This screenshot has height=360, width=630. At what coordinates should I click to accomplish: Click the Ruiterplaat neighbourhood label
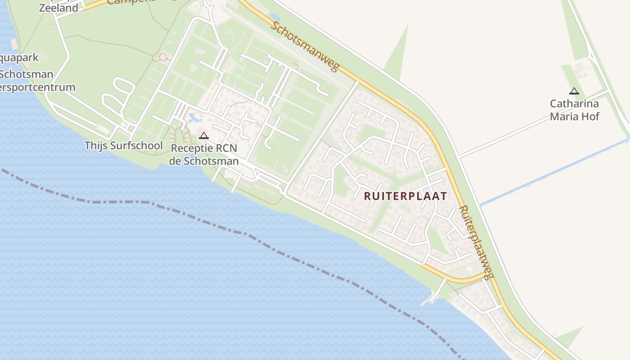[x=405, y=196]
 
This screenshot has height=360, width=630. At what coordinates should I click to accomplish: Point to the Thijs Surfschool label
[x=124, y=145]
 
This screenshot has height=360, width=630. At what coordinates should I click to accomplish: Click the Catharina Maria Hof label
[x=575, y=110]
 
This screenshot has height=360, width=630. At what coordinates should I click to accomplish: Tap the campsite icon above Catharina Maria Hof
[x=574, y=91]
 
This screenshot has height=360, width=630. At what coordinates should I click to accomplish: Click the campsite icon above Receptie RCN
[x=204, y=135]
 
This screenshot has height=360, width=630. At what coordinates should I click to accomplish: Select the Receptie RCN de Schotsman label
[x=204, y=154]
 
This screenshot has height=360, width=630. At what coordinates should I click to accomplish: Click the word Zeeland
[x=58, y=8]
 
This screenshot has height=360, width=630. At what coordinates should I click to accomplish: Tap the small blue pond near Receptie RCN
[x=194, y=118]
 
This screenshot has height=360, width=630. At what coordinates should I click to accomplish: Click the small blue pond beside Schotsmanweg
[x=274, y=17]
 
